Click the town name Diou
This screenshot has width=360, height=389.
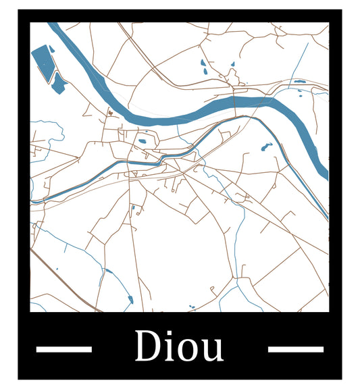(179, 346)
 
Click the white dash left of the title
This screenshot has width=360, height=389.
(63, 349)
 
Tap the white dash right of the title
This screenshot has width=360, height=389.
(295, 349)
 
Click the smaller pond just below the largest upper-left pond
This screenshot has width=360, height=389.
(59, 82)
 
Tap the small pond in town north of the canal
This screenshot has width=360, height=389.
(143, 142)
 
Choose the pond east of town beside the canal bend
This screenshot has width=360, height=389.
(265, 147)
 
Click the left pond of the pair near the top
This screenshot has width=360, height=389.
(203, 65)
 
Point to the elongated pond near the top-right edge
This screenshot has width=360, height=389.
(299, 82)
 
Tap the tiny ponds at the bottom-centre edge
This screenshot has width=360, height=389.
(191, 308)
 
